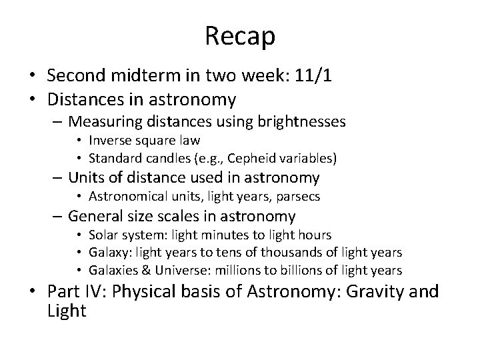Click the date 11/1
pyautogui.click(x=315, y=77)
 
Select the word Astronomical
pyautogui.click(x=129, y=197)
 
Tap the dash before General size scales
pyautogui.click(x=58, y=217)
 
